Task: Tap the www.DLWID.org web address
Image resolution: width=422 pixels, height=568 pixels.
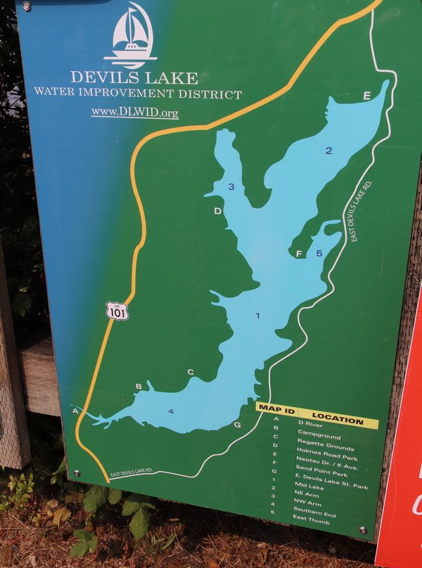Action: pos(134,112)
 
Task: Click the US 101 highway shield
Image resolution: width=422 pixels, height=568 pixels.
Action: pos(117,310)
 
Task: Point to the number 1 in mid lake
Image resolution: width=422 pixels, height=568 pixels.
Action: pos(257,316)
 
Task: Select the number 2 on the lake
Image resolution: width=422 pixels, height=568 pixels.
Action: pos(328,150)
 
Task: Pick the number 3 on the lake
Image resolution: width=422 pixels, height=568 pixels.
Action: pos(231,186)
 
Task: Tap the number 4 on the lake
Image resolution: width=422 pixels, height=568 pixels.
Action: pos(170,411)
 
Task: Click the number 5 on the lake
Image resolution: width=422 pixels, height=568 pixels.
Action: pos(319,253)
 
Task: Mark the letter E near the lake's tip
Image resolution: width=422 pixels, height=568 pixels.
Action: pos(366,96)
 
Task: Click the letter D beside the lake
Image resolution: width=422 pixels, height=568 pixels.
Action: pos(218,211)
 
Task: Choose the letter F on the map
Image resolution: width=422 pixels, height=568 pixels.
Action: pos(299,254)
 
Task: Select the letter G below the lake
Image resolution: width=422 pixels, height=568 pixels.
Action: pos(237,425)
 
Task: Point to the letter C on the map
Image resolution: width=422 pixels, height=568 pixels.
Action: pos(190,372)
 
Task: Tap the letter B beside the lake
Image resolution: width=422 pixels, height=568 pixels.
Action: pos(139,387)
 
